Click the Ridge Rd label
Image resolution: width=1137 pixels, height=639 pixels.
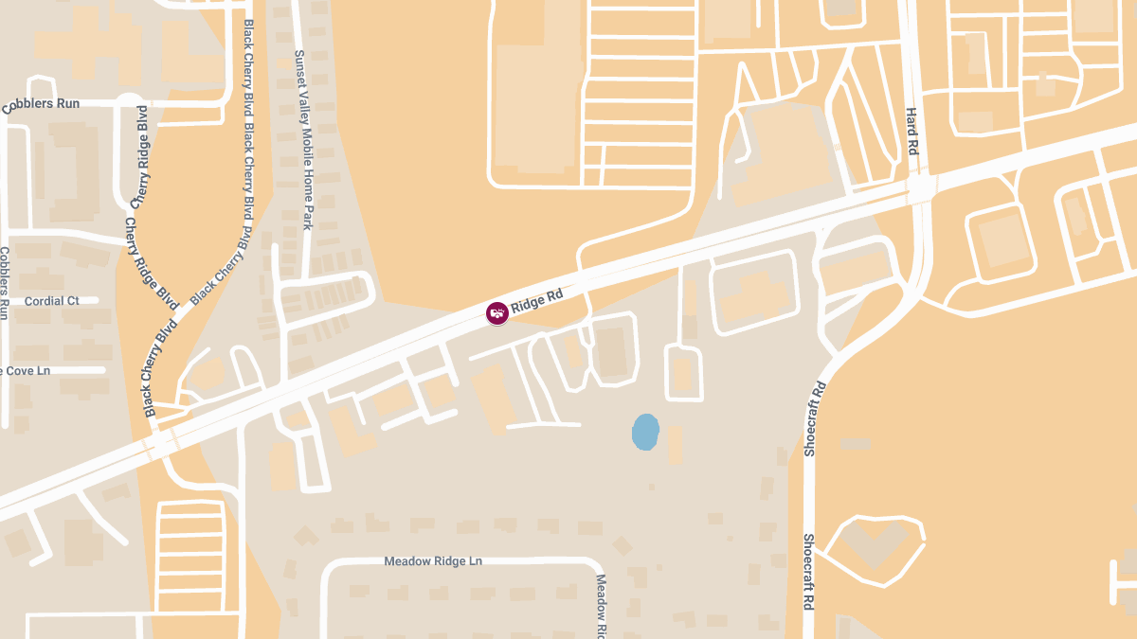pyautogui.click(x=537, y=301)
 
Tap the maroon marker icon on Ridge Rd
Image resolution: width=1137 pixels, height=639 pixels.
pyautogui.click(x=496, y=313)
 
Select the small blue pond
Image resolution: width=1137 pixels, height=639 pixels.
pyautogui.click(x=645, y=432)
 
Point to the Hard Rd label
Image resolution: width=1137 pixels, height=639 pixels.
pyautogui.click(x=912, y=131)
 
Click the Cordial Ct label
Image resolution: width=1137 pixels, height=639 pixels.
pyautogui.click(x=52, y=301)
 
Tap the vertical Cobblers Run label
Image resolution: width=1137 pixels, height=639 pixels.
pyautogui.click(x=5, y=283)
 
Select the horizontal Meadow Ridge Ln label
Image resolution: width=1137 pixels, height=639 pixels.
pyautogui.click(x=433, y=561)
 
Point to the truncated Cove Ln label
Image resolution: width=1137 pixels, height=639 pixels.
pyautogui.click(x=26, y=370)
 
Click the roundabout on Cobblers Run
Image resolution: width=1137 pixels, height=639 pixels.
pyautogui.click(x=129, y=101)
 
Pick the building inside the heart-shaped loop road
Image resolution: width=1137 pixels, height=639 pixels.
pyautogui.click(x=873, y=545)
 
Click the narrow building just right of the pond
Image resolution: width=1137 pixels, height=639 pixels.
pyautogui.click(x=675, y=445)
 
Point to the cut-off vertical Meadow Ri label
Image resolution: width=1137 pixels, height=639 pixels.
pyautogui.click(x=601, y=606)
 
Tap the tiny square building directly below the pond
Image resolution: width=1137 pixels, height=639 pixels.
pyautogui.click(x=651, y=487)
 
